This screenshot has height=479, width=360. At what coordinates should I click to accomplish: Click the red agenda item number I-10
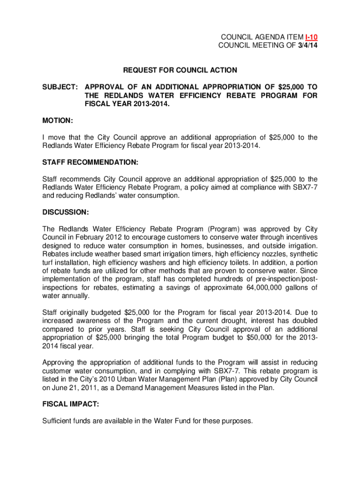[311, 36]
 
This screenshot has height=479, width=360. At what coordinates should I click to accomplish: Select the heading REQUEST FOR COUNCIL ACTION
[180, 70]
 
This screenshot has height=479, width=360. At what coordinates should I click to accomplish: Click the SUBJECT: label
[60, 87]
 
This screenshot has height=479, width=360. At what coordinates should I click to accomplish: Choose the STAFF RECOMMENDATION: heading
[90, 162]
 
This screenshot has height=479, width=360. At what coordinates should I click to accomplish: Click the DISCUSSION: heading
[65, 212]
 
